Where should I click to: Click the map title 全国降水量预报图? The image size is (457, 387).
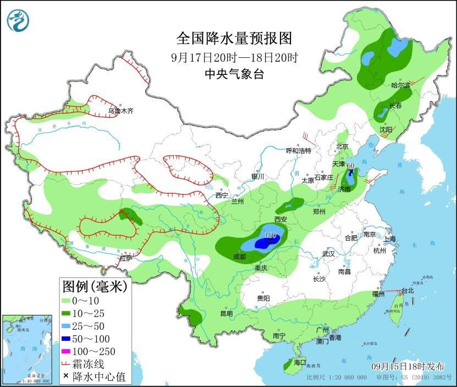pos(234,39)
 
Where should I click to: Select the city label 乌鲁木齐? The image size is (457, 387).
pos(120,111)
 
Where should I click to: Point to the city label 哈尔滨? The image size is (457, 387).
pos(400,85)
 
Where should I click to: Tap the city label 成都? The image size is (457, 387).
pos(239,256)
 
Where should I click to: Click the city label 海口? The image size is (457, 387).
pos(300,363)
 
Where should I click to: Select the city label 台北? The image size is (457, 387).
pos(407,290)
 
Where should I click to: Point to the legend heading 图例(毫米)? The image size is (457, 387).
pos(95,286)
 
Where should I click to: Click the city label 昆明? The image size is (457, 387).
pos(226,313)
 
